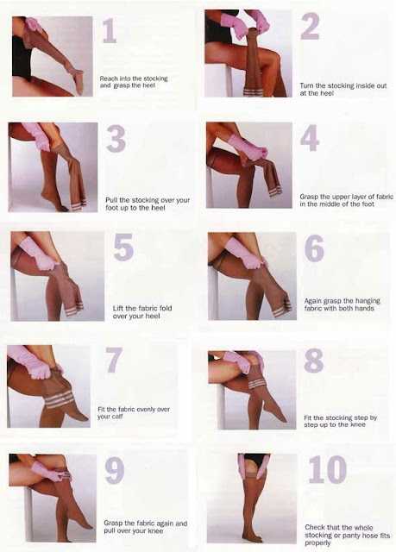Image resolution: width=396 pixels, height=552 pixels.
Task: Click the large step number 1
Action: point(110,31)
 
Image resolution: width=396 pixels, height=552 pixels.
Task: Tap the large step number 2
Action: point(310,26)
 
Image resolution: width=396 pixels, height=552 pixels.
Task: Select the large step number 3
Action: point(116,139)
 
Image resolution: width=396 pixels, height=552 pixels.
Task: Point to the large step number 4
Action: point(310,138)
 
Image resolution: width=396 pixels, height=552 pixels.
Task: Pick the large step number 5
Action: point(123,248)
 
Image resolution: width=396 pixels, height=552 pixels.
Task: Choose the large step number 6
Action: point(314,248)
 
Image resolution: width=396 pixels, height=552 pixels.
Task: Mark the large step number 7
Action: point(114,360)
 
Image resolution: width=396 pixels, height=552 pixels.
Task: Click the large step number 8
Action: point(314,361)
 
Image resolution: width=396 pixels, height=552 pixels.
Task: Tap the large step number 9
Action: point(115,470)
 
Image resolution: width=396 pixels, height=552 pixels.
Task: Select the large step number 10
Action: point(328,469)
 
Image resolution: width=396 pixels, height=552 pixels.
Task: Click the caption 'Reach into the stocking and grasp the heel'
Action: point(134,82)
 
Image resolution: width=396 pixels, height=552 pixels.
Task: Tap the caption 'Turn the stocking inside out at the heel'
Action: point(343,89)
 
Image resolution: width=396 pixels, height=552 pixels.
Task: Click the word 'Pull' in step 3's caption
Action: point(111,200)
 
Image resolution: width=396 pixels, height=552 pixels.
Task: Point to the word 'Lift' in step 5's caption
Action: point(118,308)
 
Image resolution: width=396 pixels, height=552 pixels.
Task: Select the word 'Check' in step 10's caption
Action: point(315,527)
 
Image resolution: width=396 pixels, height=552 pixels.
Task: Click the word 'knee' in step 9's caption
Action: point(155,530)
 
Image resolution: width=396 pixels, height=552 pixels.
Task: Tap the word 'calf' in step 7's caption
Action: point(116,417)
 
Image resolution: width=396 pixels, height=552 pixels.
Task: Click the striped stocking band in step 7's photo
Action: point(60,400)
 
